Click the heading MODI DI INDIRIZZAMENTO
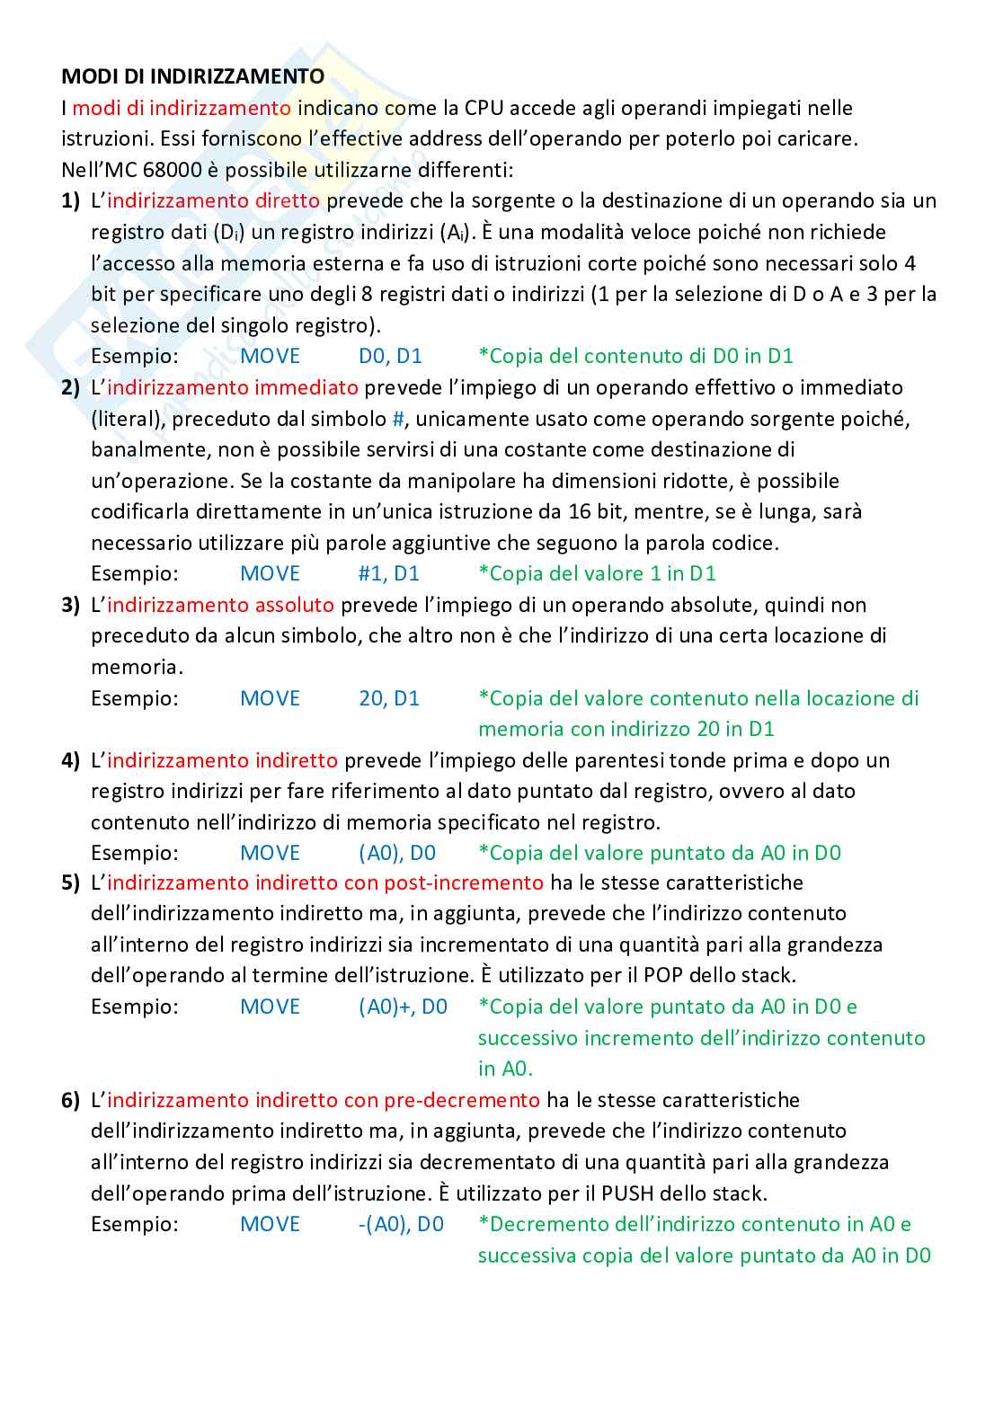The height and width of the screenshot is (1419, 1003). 192,76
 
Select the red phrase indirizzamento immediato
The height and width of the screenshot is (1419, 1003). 232,387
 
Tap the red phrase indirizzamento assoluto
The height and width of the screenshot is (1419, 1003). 220,605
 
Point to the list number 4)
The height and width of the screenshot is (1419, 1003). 71,760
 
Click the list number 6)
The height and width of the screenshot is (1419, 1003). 71,1100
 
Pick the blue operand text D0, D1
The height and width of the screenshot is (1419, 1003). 390,356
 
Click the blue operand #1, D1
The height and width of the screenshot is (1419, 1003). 388,573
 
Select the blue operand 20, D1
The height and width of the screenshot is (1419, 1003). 388,698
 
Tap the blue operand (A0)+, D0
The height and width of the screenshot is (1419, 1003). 403,1007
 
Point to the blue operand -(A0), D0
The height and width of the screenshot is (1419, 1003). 401,1224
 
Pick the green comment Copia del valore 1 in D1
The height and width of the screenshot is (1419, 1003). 597,573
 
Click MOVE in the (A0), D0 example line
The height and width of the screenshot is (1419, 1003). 270,853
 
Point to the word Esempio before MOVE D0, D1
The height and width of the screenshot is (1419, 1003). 135,356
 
